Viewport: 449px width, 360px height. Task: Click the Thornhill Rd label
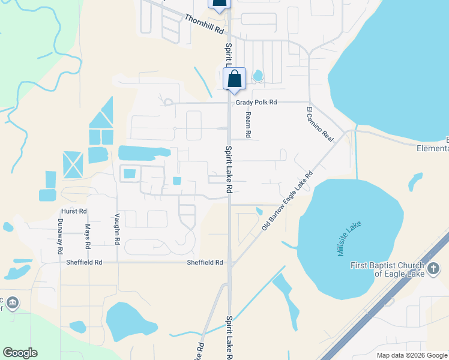(x=203, y=25)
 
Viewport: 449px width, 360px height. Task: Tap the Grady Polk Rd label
(x=256, y=103)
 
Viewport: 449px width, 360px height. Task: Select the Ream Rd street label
(x=248, y=124)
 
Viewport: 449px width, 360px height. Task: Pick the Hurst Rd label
(x=74, y=211)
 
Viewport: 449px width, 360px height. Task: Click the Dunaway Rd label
(x=60, y=236)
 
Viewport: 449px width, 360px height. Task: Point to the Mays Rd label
(x=88, y=236)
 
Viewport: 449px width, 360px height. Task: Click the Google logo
(x=20, y=353)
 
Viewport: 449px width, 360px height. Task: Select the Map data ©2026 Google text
(x=411, y=355)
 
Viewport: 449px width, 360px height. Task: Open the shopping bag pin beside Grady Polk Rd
(x=234, y=79)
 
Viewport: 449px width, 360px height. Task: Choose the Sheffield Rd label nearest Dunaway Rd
(x=84, y=262)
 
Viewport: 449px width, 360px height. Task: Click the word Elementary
(x=435, y=148)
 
